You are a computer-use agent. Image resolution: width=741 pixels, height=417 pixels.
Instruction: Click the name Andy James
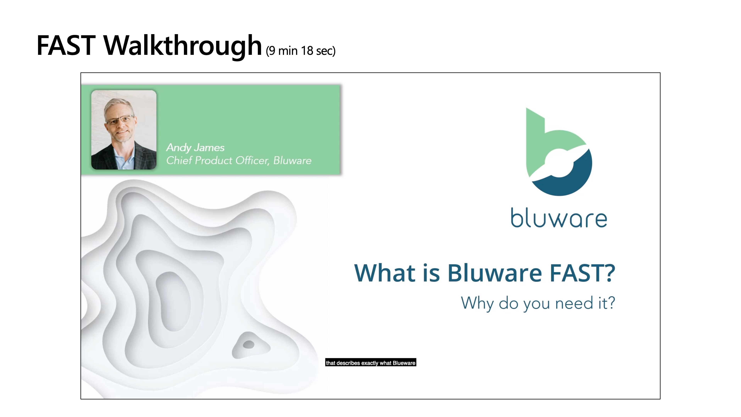[x=195, y=148]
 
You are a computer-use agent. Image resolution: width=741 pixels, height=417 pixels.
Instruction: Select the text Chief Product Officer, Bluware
[x=239, y=160]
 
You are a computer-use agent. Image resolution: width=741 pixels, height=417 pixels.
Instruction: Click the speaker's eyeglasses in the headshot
[x=120, y=120]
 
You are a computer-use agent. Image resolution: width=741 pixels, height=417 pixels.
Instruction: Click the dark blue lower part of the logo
[x=564, y=181]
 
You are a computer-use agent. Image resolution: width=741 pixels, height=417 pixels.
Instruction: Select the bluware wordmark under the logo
[x=559, y=218]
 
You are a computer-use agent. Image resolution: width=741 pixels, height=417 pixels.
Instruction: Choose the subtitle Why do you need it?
[x=538, y=303]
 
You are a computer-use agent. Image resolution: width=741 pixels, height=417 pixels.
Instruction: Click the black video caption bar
[x=371, y=363]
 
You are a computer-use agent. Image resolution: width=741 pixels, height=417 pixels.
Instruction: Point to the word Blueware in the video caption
[x=404, y=363]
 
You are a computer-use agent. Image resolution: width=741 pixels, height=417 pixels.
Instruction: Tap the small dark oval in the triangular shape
[x=249, y=344]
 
